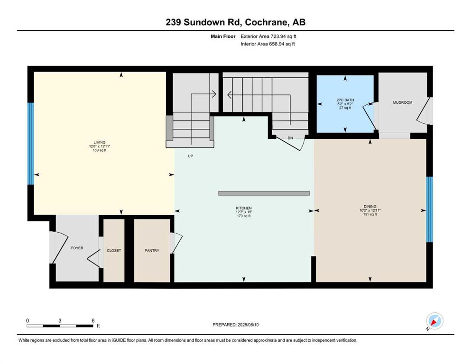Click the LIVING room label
(x=100, y=143)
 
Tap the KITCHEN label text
(x=244, y=208)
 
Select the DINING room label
(x=370, y=207)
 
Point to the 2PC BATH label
(x=345, y=100)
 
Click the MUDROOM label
(x=403, y=102)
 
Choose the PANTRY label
(x=152, y=251)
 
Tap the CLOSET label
(x=114, y=251)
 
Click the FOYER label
(x=77, y=248)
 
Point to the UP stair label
(x=191, y=156)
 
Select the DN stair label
(x=290, y=138)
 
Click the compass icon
(x=434, y=321)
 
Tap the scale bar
(x=60, y=326)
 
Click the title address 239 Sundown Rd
(x=204, y=22)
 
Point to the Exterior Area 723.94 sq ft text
(x=268, y=36)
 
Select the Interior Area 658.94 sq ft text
(x=268, y=44)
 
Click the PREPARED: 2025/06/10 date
(x=235, y=325)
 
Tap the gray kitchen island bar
(x=264, y=193)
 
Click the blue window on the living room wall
(x=31, y=144)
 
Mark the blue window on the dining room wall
(x=430, y=209)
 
